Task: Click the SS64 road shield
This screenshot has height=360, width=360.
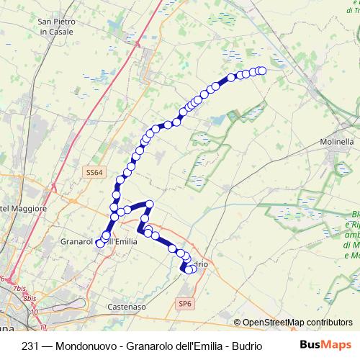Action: click(x=94, y=173)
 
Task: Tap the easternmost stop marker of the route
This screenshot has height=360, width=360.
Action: click(x=262, y=70)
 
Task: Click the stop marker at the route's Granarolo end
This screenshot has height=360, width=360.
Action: click(x=100, y=244)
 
